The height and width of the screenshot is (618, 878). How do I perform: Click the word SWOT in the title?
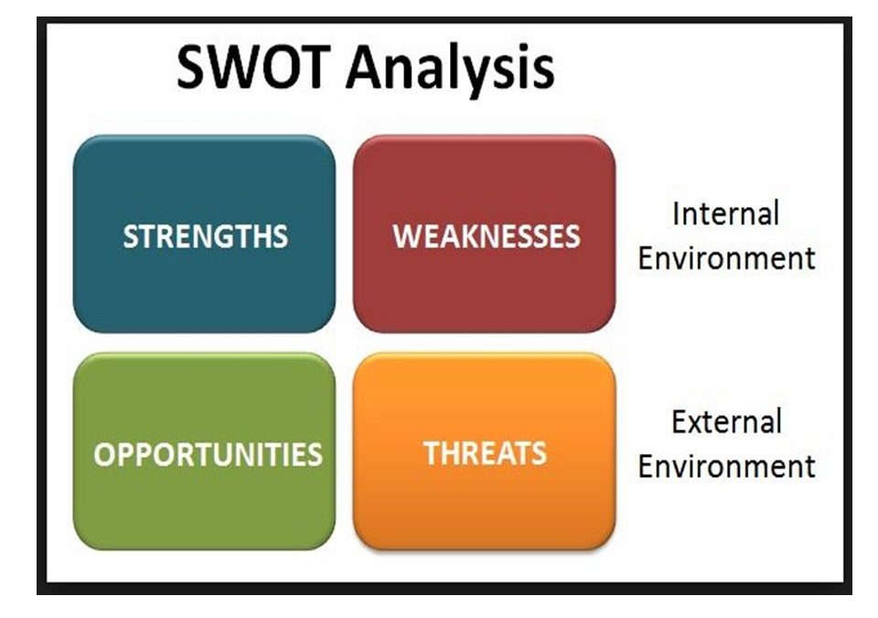tap(253, 67)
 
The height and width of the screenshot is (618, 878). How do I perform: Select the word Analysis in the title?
tap(451, 70)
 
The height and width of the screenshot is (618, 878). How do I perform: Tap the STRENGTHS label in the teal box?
tap(206, 236)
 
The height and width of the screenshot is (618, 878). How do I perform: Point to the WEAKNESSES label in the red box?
tap(486, 236)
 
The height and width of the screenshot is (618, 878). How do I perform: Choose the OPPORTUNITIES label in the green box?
tap(208, 454)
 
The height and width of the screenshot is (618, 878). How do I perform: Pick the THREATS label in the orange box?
tap(485, 453)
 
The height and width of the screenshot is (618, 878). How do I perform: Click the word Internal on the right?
tap(725, 213)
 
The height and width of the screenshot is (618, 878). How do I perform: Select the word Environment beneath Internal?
tap(726, 258)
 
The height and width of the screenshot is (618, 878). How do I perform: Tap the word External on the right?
tap(726, 422)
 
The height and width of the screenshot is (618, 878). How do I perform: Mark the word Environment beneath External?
tap(726, 467)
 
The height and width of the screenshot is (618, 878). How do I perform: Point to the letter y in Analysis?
tap(481, 77)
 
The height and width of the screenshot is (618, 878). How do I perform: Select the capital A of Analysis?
tap(367, 68)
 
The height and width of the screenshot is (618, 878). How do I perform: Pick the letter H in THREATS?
tap(451, 454)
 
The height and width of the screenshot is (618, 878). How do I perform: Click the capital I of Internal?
tap(676, 213)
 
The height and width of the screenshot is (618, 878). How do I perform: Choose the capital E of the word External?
tap(680, 422)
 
